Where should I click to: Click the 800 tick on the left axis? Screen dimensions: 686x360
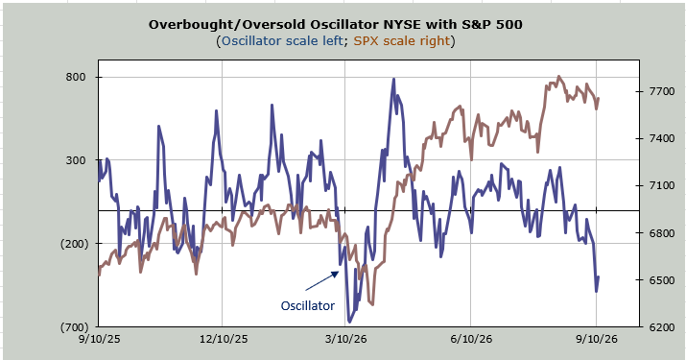pyautogui.click(x=76, y=77)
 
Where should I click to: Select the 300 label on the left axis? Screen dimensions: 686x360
pyautogui.click(x=76, y=160)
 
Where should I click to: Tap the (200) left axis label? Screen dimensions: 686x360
pyautogui.click(x=75, y=244)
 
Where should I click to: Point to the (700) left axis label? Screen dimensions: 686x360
pyautogui.click(x=75, y=326)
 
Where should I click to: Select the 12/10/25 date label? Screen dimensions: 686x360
pyautogui.click(x=224, y=339)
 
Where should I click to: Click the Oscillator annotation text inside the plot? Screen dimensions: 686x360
pyautogui.click(x=308, y=305)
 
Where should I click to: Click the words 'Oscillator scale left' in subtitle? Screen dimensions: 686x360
pyautogui.click(x=282, y=40)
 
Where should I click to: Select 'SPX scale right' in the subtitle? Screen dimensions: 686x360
pyautogui.click(x=402, y=40)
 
